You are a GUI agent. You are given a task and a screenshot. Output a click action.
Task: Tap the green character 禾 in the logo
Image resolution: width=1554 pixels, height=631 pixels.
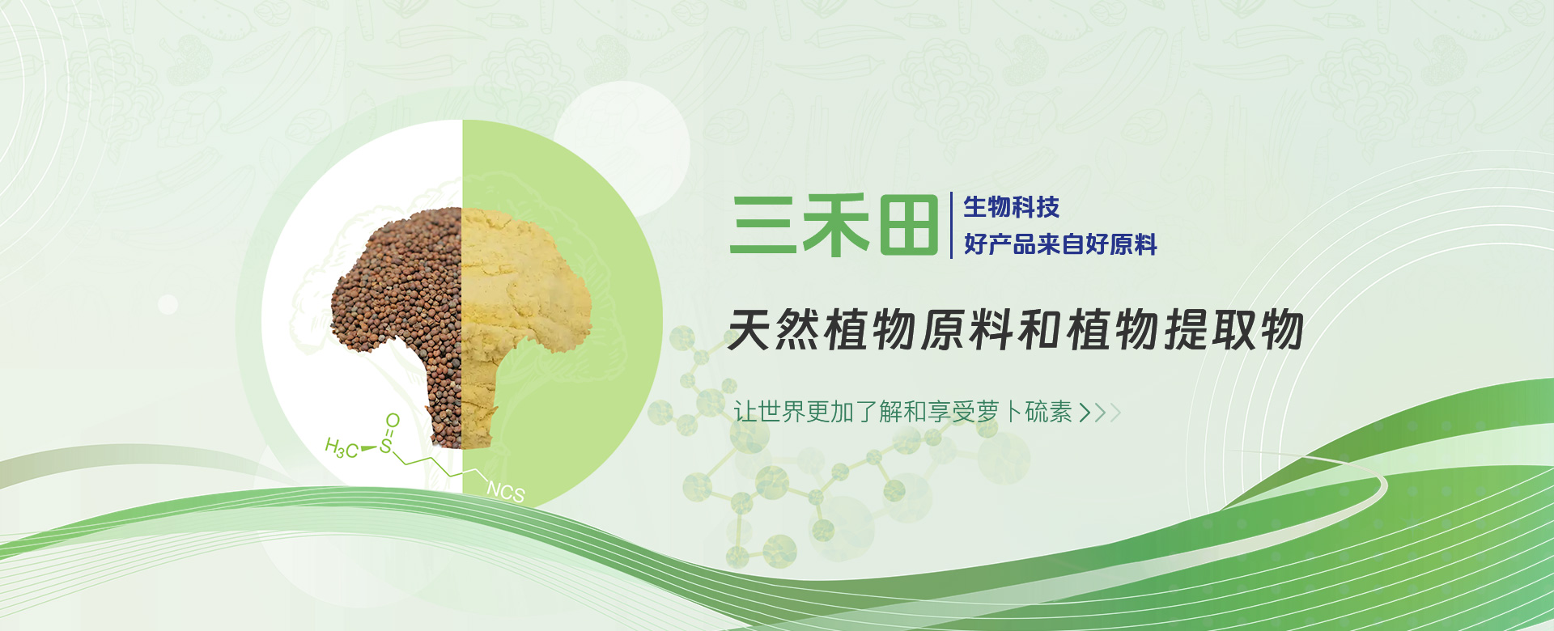pyautogui.click(x=834, y=225)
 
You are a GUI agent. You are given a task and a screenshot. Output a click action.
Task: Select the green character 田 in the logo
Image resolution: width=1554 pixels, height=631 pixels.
pyautogui.click(x=908, y=225)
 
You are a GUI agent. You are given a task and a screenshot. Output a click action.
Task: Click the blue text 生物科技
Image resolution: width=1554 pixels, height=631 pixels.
pyautogui.click(x=1011, y=207)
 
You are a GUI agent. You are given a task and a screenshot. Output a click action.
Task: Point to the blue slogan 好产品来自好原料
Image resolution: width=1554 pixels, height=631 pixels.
pyautogui.click(x=1060, y=244)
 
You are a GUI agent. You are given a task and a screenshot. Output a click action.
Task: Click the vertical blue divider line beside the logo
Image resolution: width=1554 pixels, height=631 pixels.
pyautogui.click(x=951, y=225)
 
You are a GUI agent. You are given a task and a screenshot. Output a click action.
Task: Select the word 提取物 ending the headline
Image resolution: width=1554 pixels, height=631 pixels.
pyautogui.click(x=1233, y=330)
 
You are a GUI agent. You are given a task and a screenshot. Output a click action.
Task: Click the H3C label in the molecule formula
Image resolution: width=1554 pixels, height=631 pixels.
pyautogui.click(x=342, y=448)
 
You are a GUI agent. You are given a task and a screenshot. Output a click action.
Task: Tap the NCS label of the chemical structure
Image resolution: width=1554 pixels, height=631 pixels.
pyautogui.click(x=506, y=491)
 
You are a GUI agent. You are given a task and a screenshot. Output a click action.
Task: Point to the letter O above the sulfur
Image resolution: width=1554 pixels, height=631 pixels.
pyautogui.click(x=393, y=421)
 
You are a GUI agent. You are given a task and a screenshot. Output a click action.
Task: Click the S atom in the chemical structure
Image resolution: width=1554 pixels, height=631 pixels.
pyautogui.click(x=386, y=446)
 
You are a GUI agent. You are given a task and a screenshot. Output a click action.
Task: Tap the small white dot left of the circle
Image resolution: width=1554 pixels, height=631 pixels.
pyautogui.click(x=168, y=305)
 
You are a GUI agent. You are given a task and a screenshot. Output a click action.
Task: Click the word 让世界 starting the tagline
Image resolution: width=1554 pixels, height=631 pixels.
pyautogui.click(x=769, y=412)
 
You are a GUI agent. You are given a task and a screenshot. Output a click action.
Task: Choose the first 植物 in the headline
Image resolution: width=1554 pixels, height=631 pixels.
pyautogui.click(x=870, y=330)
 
